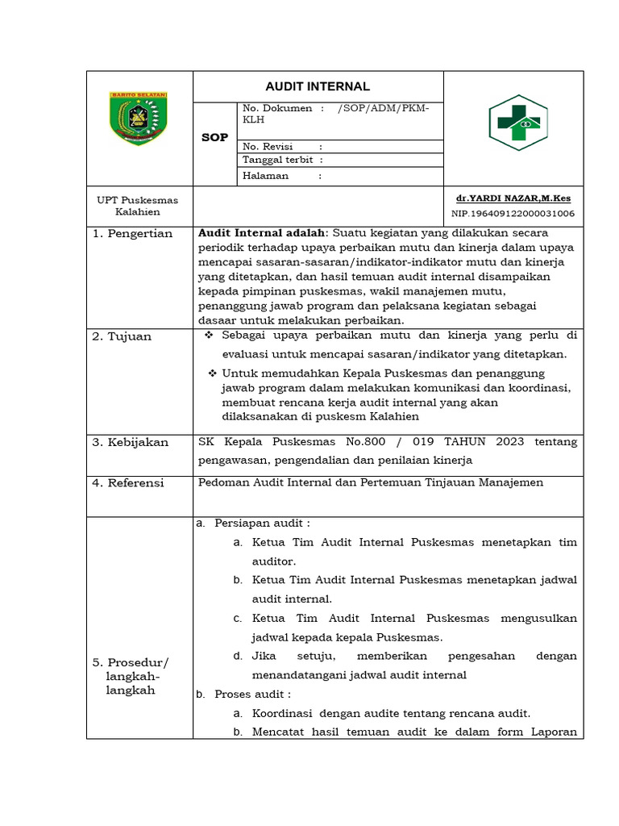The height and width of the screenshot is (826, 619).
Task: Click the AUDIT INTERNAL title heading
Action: tap(318, 86)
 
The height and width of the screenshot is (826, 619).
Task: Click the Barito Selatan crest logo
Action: tap(139, 119)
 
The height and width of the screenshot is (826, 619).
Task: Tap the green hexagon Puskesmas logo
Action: tap(518, 123)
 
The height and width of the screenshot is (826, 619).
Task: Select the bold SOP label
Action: tap(214, 137)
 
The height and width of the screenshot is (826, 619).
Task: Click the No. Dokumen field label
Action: tap(277, 108)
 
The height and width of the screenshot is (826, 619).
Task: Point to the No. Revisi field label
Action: tap(267, 146)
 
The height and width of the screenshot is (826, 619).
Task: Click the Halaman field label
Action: tap(265, 175)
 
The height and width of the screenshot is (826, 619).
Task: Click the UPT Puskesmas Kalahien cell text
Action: tap(138, 206)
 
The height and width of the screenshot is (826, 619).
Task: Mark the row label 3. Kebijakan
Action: tap(131, 443)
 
